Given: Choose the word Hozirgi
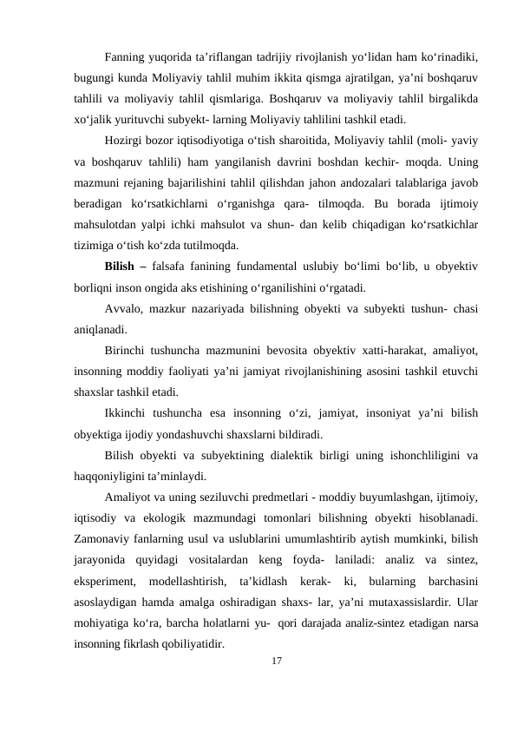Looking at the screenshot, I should click(124, 140).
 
